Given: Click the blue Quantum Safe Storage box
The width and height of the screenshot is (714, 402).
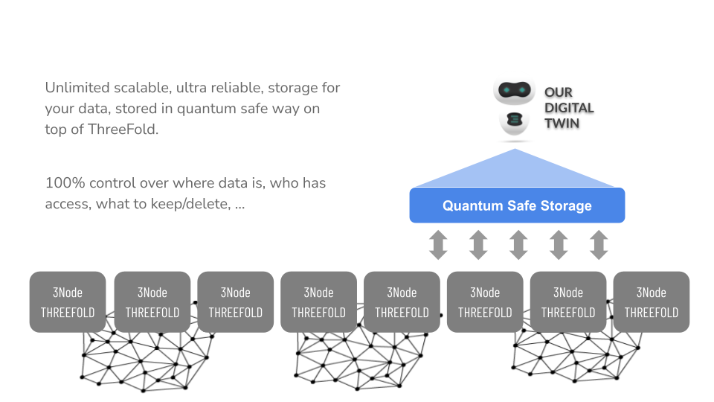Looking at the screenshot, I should (x=517, y=205).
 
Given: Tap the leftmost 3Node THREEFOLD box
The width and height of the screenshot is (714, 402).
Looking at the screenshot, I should (x=68, y=301).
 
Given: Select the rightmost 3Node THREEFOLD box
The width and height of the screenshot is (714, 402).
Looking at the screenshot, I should (x=651, y=301).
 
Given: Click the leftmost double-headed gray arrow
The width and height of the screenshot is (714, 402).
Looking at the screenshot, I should (x=438, y=245).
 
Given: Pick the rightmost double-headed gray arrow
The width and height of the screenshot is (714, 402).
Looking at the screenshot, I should (x=599, y=245).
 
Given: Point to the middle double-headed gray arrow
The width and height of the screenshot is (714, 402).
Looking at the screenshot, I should (x=518, y=245).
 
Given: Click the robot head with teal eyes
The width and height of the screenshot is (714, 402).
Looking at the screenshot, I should (x=515, y=91).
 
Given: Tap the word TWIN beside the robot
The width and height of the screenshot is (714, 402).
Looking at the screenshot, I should (x=562, y=123).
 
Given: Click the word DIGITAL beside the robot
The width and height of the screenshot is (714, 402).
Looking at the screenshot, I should (x=569, y=108).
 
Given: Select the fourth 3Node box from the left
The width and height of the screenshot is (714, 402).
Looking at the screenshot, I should (x=318, y=301).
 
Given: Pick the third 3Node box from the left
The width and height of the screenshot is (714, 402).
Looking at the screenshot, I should (x=234, y=301).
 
